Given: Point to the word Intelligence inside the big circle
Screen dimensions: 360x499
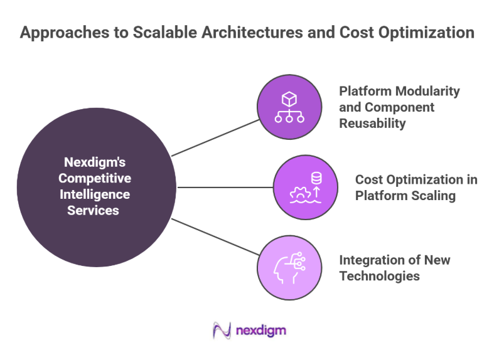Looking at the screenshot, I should tap(94, 194).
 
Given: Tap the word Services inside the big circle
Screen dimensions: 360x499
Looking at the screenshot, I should tap(94, 211).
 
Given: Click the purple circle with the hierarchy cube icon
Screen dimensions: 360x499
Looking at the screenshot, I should tap(289, 107).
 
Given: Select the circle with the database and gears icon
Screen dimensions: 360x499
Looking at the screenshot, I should tap(305, 187).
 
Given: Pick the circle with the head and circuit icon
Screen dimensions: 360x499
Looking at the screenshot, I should tap(289, 267).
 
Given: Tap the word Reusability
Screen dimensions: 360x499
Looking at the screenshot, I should tap(372, 123).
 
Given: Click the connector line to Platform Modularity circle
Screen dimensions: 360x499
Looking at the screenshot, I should tap(215, 137).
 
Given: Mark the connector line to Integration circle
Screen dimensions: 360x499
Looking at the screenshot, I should tap(215, 236).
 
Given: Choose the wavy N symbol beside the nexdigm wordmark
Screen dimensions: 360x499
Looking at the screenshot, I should tap(222, 330).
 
